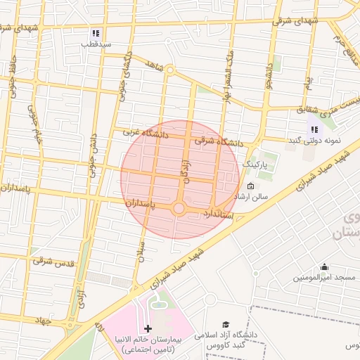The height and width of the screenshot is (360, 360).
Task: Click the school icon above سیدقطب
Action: [96, 33]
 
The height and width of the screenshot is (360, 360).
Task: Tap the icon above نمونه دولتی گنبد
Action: [314, 129]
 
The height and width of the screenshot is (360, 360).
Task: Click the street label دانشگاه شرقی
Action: [218, 141]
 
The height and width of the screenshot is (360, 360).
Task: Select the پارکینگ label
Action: [256, 163]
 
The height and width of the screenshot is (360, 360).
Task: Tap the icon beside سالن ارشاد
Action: [251, 186]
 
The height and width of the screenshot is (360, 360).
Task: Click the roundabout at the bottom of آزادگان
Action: [179, 209]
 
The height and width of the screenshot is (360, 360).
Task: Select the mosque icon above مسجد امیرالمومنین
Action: [323, 267]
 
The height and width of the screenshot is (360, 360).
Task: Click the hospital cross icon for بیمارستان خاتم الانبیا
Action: [147, 328]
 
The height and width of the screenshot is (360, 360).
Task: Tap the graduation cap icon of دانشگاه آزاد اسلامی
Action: [226, 324]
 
